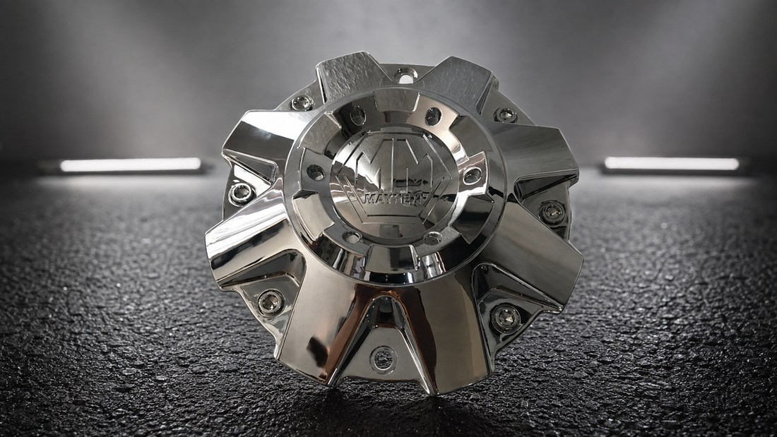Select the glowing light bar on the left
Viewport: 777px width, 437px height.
131,164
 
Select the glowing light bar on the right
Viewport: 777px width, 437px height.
672,164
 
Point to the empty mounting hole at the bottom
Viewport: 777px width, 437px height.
384,358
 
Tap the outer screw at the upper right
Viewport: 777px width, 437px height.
504,114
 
